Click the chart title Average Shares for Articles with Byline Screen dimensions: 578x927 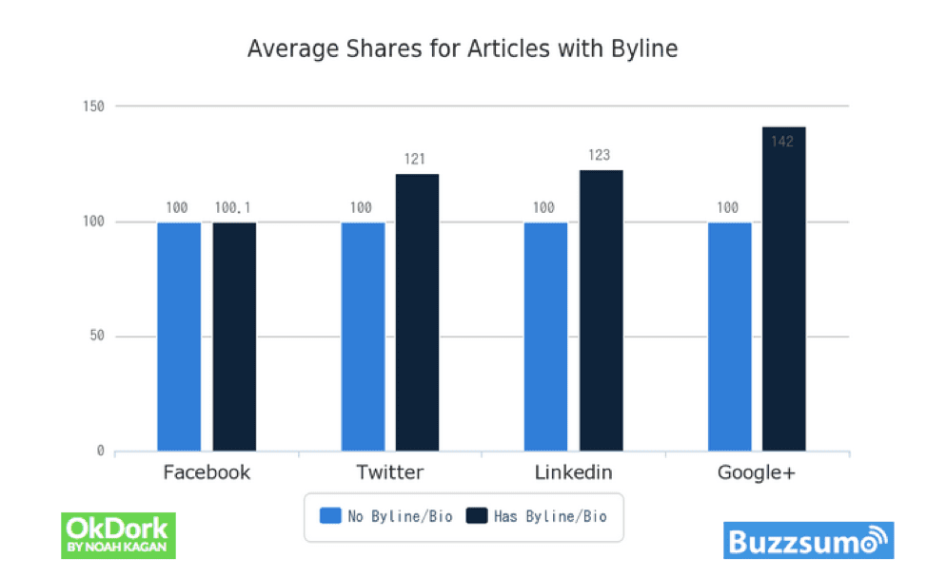(x=463, y=49)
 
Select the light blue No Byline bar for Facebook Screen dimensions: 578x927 (x=179, y=337)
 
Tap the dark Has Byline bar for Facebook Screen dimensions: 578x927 (x=234, y=337)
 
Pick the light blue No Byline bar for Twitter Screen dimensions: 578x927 (x=363, y=337)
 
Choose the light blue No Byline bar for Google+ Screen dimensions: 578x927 (x=729, y=337)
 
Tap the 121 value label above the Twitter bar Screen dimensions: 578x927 (x=414, y=159)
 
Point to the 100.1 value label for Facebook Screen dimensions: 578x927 (x=233, y=206)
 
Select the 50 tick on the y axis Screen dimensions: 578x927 (x=96, y=337)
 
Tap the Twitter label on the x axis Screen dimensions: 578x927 (x=390, y=472)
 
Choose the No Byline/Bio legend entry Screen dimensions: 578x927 (x=385, y=517)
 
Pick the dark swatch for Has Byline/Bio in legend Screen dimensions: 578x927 (x=476, y=516)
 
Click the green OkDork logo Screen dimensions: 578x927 (x=118, y=534)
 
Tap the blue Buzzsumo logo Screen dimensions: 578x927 (x=808, y=541)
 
